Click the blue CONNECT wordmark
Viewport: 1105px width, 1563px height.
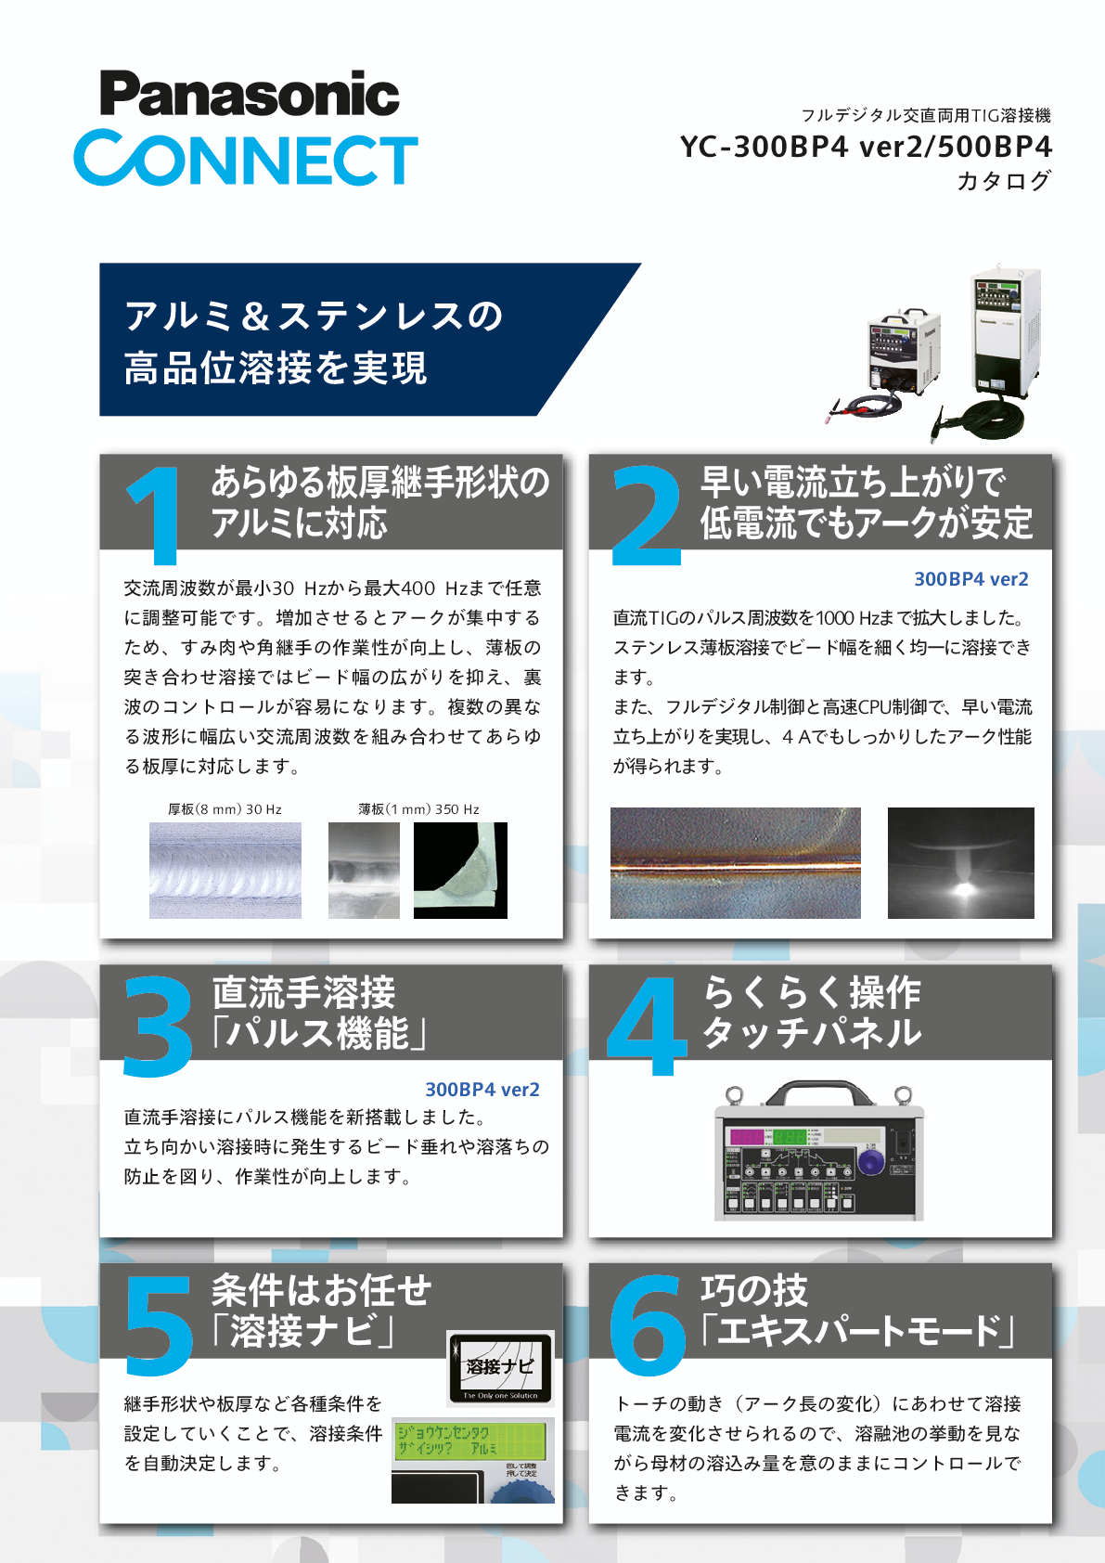point(246,159)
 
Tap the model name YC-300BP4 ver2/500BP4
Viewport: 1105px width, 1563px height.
point(866,147)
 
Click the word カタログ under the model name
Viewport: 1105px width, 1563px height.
point(1004,180)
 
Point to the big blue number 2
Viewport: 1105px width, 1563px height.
point(646,516)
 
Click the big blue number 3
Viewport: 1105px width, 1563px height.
point(158,1027)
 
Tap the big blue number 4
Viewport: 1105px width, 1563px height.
point(647,1027)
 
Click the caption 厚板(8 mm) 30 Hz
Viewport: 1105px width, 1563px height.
point(225,809)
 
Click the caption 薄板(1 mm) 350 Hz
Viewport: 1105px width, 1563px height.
point(418,809)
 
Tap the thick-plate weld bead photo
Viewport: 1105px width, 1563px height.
point(225,871)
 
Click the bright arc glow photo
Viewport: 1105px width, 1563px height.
point(961,863)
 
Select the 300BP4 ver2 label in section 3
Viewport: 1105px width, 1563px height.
point(482,1090)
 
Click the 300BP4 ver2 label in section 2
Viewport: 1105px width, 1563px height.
point(971,579)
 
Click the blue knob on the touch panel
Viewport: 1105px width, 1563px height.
point(871,1161)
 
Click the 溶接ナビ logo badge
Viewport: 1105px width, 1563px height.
point(500,1368)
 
